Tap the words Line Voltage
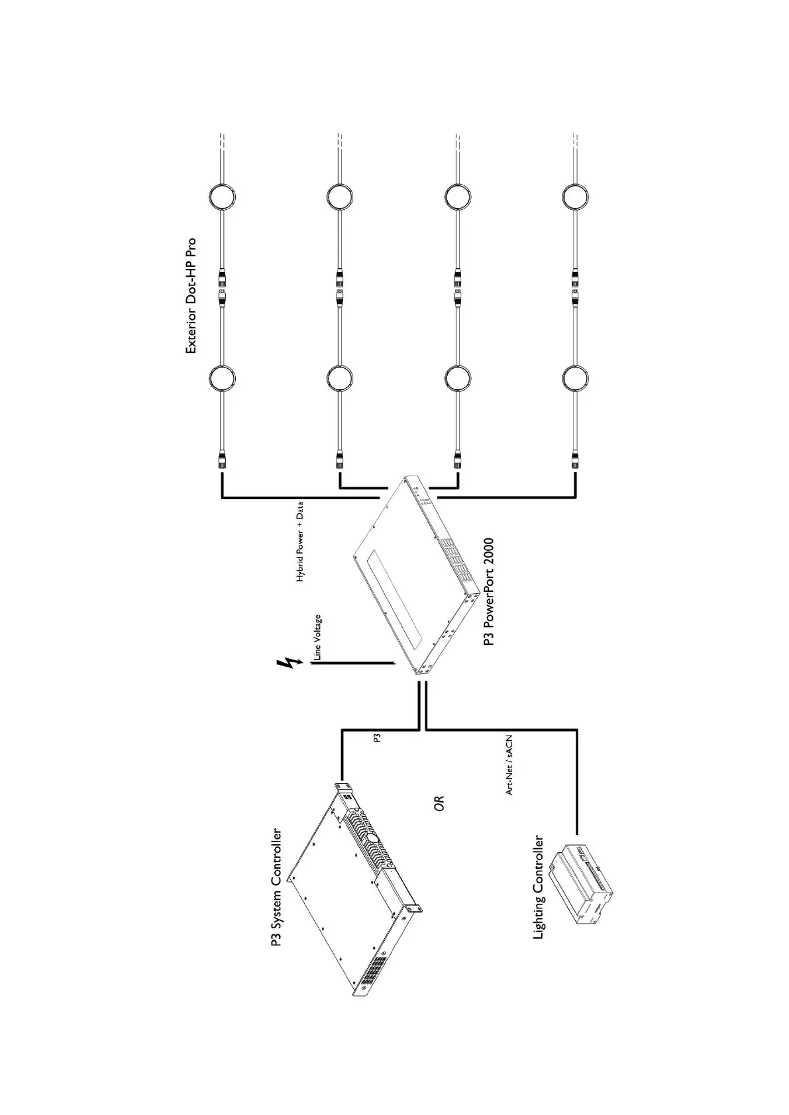pyautogui.click(x=318, y=638)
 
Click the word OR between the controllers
pyautogui.click(x=439, y=803)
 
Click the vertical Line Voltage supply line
pyautogui.click(x=351, y=663)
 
